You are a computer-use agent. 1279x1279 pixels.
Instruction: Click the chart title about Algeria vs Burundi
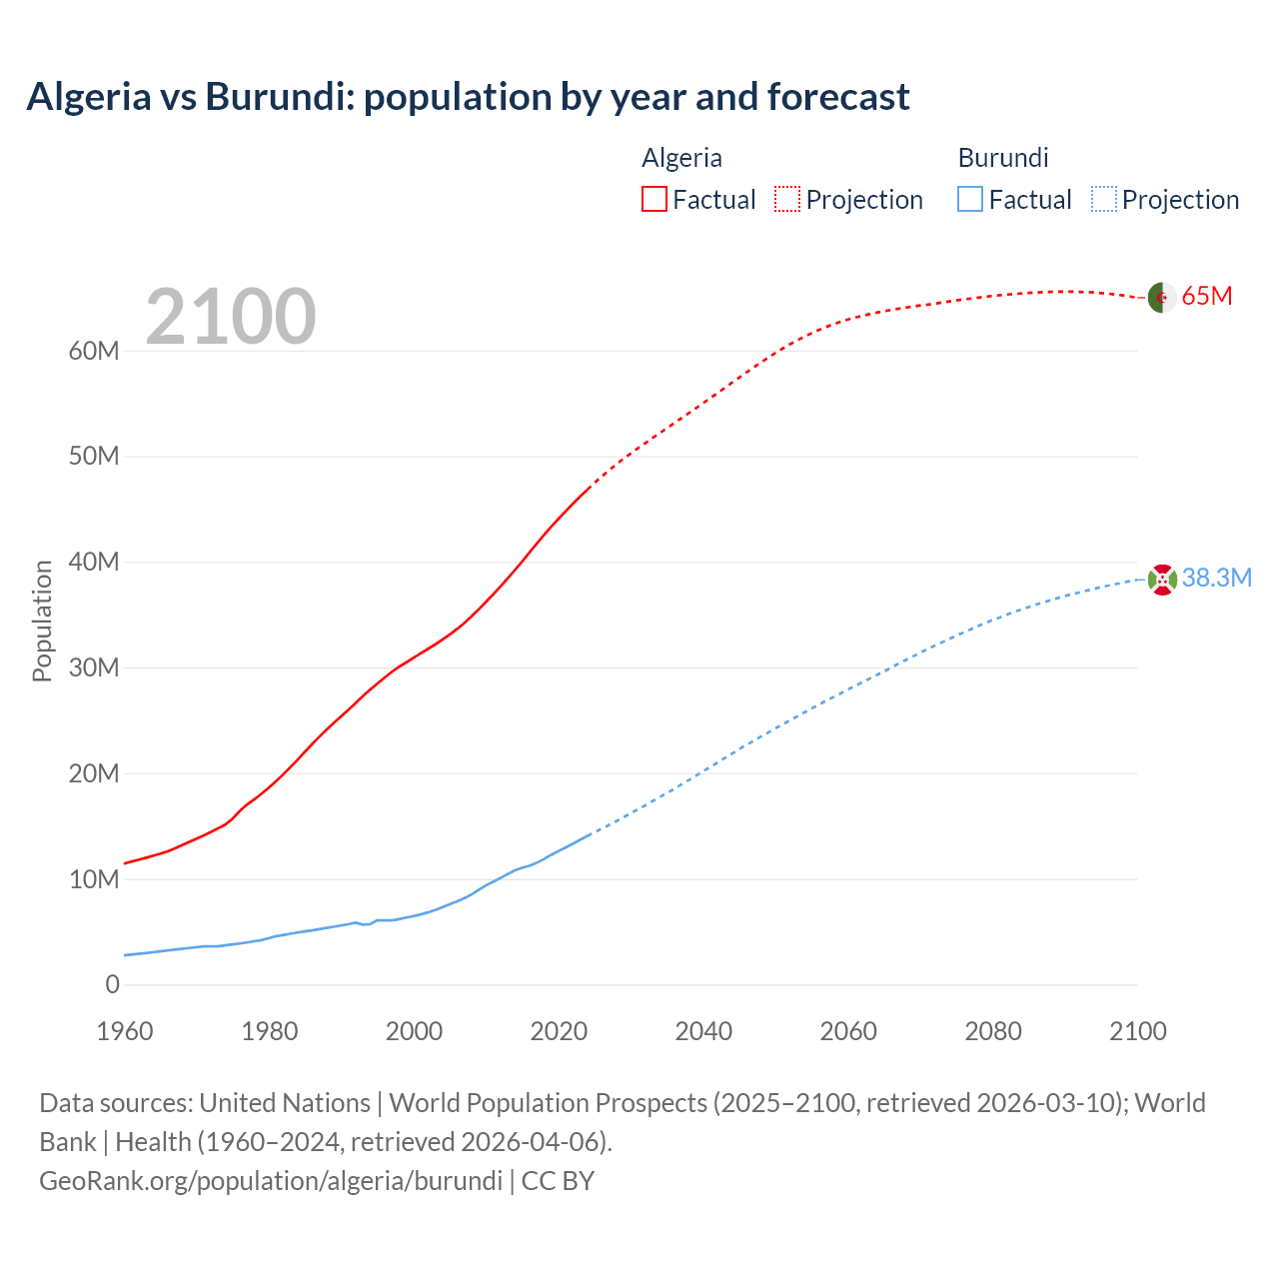click(468, 97)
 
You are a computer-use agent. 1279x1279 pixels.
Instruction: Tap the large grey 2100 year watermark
click(231, 317)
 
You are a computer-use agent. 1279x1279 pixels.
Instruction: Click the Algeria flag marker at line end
click(1161, 298)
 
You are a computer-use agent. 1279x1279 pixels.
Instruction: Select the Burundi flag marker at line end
click(1162, 580)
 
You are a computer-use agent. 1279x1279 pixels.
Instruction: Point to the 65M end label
click(1207, 297)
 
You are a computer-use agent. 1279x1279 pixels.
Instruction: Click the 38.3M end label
click(1216, 579)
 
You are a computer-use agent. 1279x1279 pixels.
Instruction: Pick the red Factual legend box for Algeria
click(654, 200)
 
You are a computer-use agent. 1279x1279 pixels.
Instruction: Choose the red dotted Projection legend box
click(787, 200)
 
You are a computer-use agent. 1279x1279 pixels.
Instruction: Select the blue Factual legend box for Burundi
click(970, 200)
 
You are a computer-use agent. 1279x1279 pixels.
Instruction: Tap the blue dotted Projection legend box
click(1103, 200)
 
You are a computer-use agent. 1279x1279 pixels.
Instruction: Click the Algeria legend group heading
click(681, 158)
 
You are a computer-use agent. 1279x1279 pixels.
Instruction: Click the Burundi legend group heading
click(1003, 158)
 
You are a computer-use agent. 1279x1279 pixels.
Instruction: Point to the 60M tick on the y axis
click(94, 352)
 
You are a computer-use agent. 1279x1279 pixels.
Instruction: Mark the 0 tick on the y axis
click(112, 985)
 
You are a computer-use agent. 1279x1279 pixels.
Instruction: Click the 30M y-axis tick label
click(94, 668)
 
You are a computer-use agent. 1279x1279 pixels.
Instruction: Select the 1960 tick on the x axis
click(125, 1031)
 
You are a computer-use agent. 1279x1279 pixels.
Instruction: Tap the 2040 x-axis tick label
click(703, 1031)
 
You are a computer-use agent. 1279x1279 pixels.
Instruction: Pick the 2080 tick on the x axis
click(993, 1031)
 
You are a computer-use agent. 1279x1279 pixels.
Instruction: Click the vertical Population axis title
click(42, 621)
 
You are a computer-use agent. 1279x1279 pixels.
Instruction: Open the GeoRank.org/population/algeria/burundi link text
click(271, 1181)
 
